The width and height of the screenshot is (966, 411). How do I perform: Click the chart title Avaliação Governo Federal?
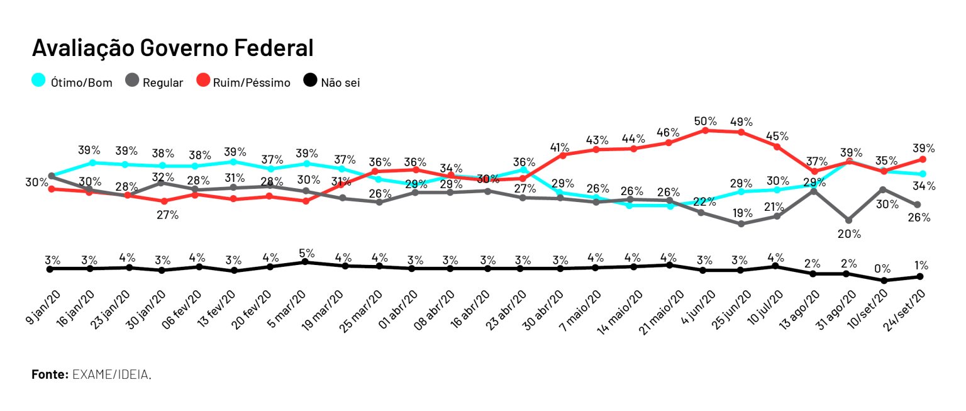coord(172,48)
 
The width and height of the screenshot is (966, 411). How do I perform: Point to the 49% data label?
coord(741,121)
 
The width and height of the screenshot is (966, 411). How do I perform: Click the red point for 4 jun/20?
coord(706,130)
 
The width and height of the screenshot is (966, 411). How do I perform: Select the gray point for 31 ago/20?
coord(849,220)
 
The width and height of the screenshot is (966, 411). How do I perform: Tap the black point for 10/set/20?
coord(884,281)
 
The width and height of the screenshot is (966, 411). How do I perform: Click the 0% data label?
coord(882,269)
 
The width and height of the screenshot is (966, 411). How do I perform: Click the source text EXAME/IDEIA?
coord(111,374)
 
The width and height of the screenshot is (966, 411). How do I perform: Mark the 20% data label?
coord(849,234)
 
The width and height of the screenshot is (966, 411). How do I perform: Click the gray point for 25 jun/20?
coord(741,224)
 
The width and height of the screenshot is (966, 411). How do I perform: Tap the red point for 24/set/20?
coord(922,159)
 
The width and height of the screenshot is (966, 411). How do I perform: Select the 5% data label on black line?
coord(306,254)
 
